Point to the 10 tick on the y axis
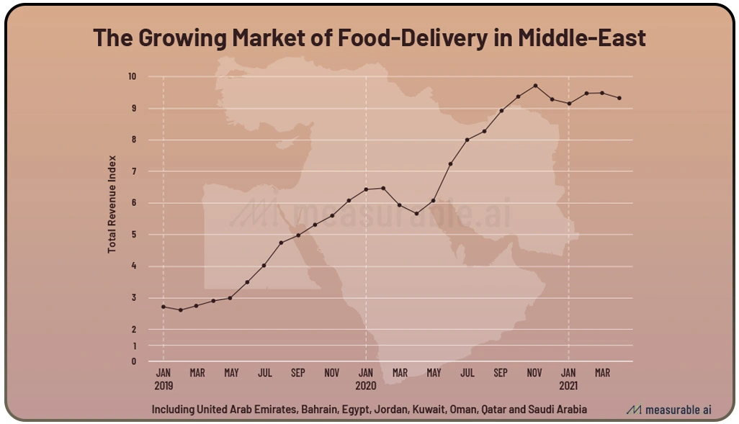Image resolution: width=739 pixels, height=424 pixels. coord(133,76)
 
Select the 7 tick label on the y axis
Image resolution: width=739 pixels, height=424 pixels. coord(133,171)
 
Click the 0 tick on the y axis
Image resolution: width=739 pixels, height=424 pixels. coord(133,361)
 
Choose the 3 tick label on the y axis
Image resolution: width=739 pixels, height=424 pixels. coord(133,298)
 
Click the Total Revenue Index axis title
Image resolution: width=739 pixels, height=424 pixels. coord(112,204)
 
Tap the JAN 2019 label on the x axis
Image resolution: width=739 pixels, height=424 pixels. coord(164,378)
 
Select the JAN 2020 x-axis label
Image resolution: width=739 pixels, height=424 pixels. coord(366,378)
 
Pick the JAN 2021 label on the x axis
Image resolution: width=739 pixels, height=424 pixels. coord(568,378)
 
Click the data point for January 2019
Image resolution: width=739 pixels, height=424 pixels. coord(164,307)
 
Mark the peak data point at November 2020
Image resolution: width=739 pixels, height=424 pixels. coord(535,86)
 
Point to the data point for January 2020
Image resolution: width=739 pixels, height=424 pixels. coord(366,189)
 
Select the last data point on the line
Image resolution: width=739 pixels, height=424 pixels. coord(619,98)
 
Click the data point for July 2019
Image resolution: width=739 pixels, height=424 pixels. coord(264,266)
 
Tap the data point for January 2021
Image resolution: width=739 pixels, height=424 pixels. coord(569,104)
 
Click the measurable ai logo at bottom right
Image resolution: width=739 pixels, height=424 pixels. coord(669,410)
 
